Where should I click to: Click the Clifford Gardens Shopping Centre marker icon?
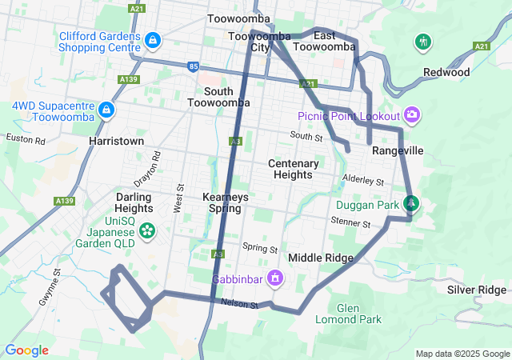[153, 39]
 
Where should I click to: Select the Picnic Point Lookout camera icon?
[412, 115]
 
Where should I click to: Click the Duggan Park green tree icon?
[411, 204]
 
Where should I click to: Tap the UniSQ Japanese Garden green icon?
[146, 231]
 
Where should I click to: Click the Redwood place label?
[446, 73]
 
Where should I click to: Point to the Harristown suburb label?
[117, 141]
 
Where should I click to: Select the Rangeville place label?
[398, 150]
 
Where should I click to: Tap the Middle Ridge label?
[321, 258]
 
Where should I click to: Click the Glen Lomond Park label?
[359, 314]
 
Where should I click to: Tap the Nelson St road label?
[240, 305]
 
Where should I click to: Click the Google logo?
[26, 350]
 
